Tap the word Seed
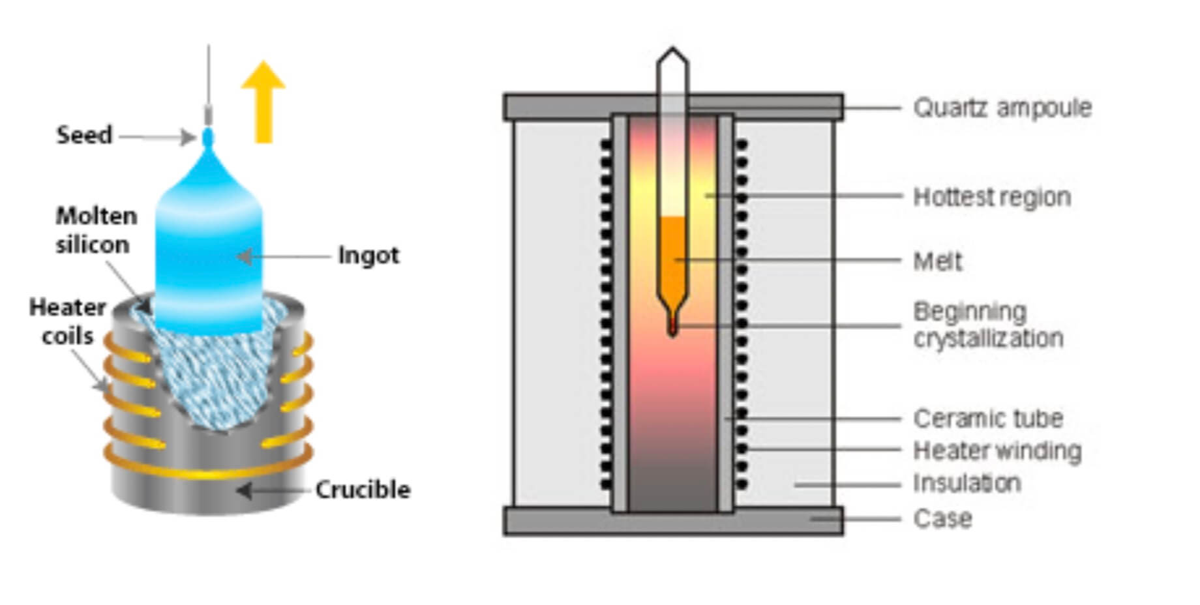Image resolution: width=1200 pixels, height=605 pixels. [84, 135]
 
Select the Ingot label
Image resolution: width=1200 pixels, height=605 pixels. [368, 255]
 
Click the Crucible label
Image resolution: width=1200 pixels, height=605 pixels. [363, 490]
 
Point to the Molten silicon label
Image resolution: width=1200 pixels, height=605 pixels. [96, 230]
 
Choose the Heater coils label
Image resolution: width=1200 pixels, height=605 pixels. [67, 321]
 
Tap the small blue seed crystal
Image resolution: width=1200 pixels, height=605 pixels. [208, 138]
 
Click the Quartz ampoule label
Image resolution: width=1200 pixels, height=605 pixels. [1002, 108]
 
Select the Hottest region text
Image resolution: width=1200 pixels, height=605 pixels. [992, 196]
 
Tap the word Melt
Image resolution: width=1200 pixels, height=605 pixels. [938, 261]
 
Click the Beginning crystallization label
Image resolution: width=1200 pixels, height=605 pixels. [987, 325]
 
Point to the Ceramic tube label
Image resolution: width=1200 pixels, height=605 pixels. [988, 419]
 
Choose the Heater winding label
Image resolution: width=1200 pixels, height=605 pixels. [997, 450]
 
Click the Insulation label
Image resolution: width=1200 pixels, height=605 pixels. [967, 483]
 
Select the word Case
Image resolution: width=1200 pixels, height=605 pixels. [942, 519]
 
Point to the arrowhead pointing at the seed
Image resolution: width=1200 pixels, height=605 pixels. [189, 137]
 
